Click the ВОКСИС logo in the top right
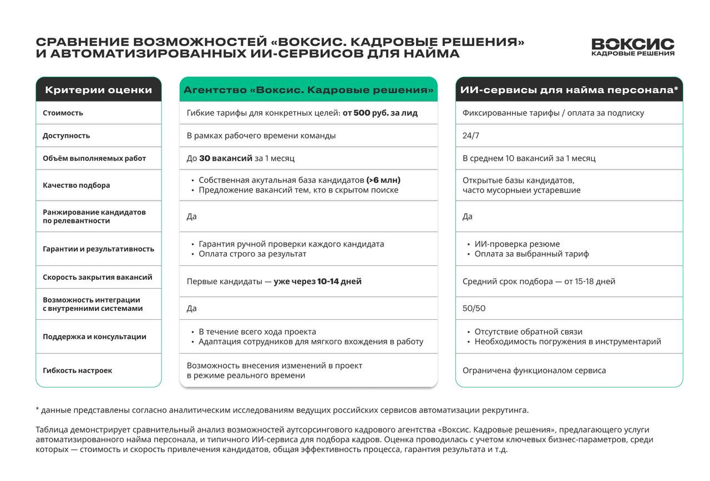pyautogui.click(x=633, y=47)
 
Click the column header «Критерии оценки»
pyautogui.click(x=98, y=90)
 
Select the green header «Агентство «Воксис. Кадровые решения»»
pyautogui.click(x=308, y=90)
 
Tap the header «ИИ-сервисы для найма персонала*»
pyautogui.click(x=569, y=90)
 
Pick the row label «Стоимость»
pyautogui.click(x=63, y=113)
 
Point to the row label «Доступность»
pyautogui.click(x=66, y=136)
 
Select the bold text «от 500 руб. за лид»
pyautogui.click(x=380, y=113)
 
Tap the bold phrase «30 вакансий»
pyautogui.click(x=226, y=158)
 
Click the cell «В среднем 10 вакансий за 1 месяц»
pyautogui.click(x=529, y=158)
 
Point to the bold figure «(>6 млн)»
pyautogui.click(x=383, y=180)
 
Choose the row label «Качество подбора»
pyautogui.click(x=76, y=186)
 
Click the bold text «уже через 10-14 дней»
pyautogui.click(x=317, y=282)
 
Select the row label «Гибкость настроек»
pyautogui.click(x=77, y=371)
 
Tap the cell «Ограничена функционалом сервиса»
pyautogui.click(x=534, y=371)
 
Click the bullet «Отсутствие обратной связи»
pyautogui.click(x=528, y=332)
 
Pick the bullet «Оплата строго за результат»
pyautogui.click(x=252, y=254)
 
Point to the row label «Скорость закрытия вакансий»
pyautogui.click(x=97, y=277)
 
